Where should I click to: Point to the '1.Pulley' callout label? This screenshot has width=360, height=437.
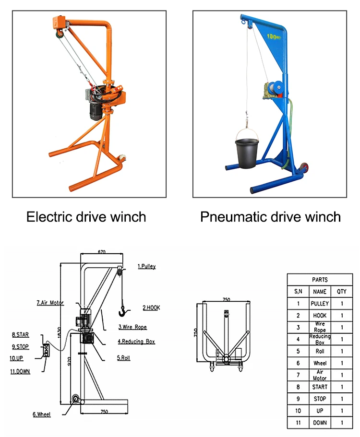click(x=146, y=266)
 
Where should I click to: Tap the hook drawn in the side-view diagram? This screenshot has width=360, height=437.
click(x=123, y=312)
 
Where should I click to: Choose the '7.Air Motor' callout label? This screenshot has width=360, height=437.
click(x=50, y=303)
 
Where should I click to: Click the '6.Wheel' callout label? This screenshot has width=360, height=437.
click(x=42, y=414)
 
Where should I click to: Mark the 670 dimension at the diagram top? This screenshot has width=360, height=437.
click(x=101, y=251)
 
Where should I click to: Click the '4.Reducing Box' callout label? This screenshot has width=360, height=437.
click(x=137, y=342)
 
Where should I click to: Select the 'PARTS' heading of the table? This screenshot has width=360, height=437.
click(x=320, y=280)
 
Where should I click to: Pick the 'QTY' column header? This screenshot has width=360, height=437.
click(x=342, y=291)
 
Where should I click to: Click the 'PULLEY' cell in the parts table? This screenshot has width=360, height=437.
click(x=320, y=303)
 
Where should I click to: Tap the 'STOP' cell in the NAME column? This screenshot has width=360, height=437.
click(x=320, y=399)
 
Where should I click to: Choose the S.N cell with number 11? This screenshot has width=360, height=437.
click(x=298, y=423)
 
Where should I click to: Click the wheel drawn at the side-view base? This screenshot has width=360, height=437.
click(x=75, y=400)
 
